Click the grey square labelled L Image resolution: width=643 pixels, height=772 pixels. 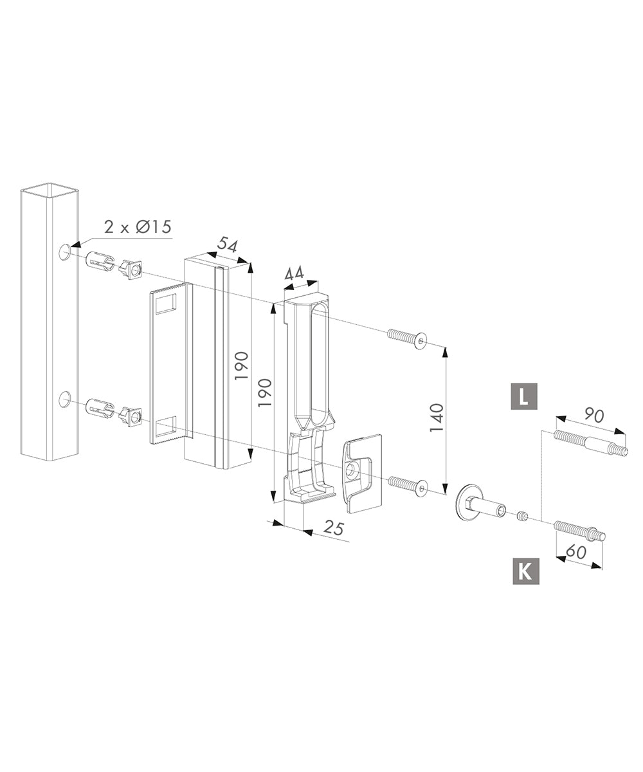click(x=524, y=396)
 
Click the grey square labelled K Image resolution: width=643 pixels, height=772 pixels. click(x=525, y=571)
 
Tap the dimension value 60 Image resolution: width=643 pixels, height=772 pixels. click(x=576, y=551)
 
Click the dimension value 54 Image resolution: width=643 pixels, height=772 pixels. click(x=227, y=244)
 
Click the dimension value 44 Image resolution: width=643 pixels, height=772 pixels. click(x=294, y=273)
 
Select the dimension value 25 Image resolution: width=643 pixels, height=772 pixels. click(x=334, y=529)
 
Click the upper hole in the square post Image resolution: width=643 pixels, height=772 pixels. click(x=65, y=252)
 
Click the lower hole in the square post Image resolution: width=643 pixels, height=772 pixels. click(x=65, y=399)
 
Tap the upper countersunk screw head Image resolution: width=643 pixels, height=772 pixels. click(x=421, y=341)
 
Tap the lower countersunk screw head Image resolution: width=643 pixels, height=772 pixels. click(x=421, y=490)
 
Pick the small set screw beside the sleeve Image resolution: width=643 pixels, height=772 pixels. click(x=523, y=515)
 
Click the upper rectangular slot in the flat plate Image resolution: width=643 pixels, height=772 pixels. click(x=165, y=302)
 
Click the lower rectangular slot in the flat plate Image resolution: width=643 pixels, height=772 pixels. click(x=165, y=425)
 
